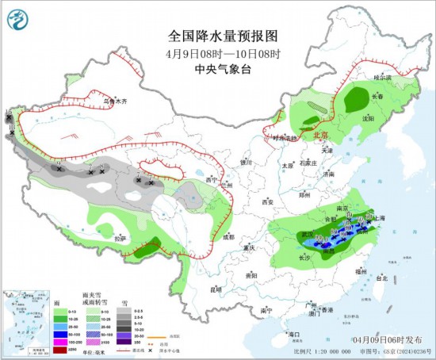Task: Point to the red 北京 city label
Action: pyautogui.click(x=320, y=135)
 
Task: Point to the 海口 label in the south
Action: pyautogui.click(x=296, y=335)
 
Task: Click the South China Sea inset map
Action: pyautogui.click(x=25, y=320)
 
